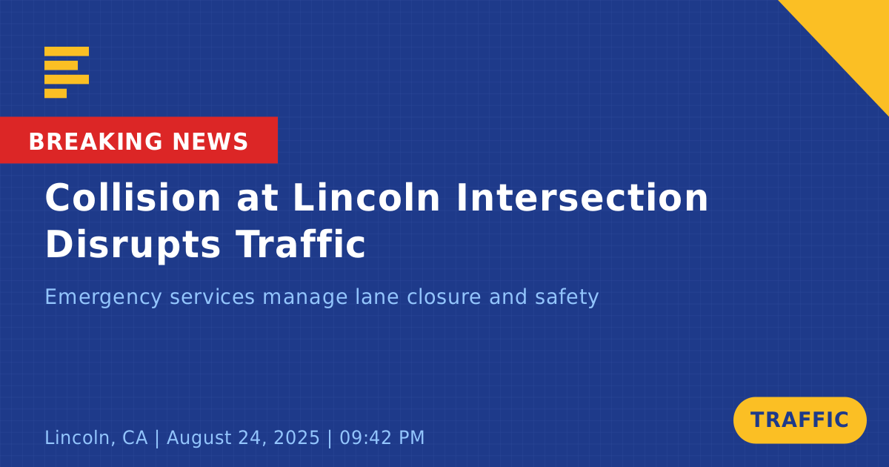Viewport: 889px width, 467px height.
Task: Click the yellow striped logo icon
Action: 67,73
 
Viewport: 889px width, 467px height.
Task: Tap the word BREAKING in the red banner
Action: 96,142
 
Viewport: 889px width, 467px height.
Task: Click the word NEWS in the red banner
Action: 210,142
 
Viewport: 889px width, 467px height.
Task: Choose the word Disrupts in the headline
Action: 133,246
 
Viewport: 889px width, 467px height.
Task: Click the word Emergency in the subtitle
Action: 103,298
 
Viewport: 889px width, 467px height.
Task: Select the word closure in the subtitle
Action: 444,297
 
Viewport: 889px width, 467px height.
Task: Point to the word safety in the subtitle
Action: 567,298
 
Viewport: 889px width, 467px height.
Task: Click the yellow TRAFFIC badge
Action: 799,420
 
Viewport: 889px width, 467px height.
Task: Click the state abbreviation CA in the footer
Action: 135,437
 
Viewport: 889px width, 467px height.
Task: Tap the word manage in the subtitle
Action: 305,298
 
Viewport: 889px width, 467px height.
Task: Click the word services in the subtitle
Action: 212,297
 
